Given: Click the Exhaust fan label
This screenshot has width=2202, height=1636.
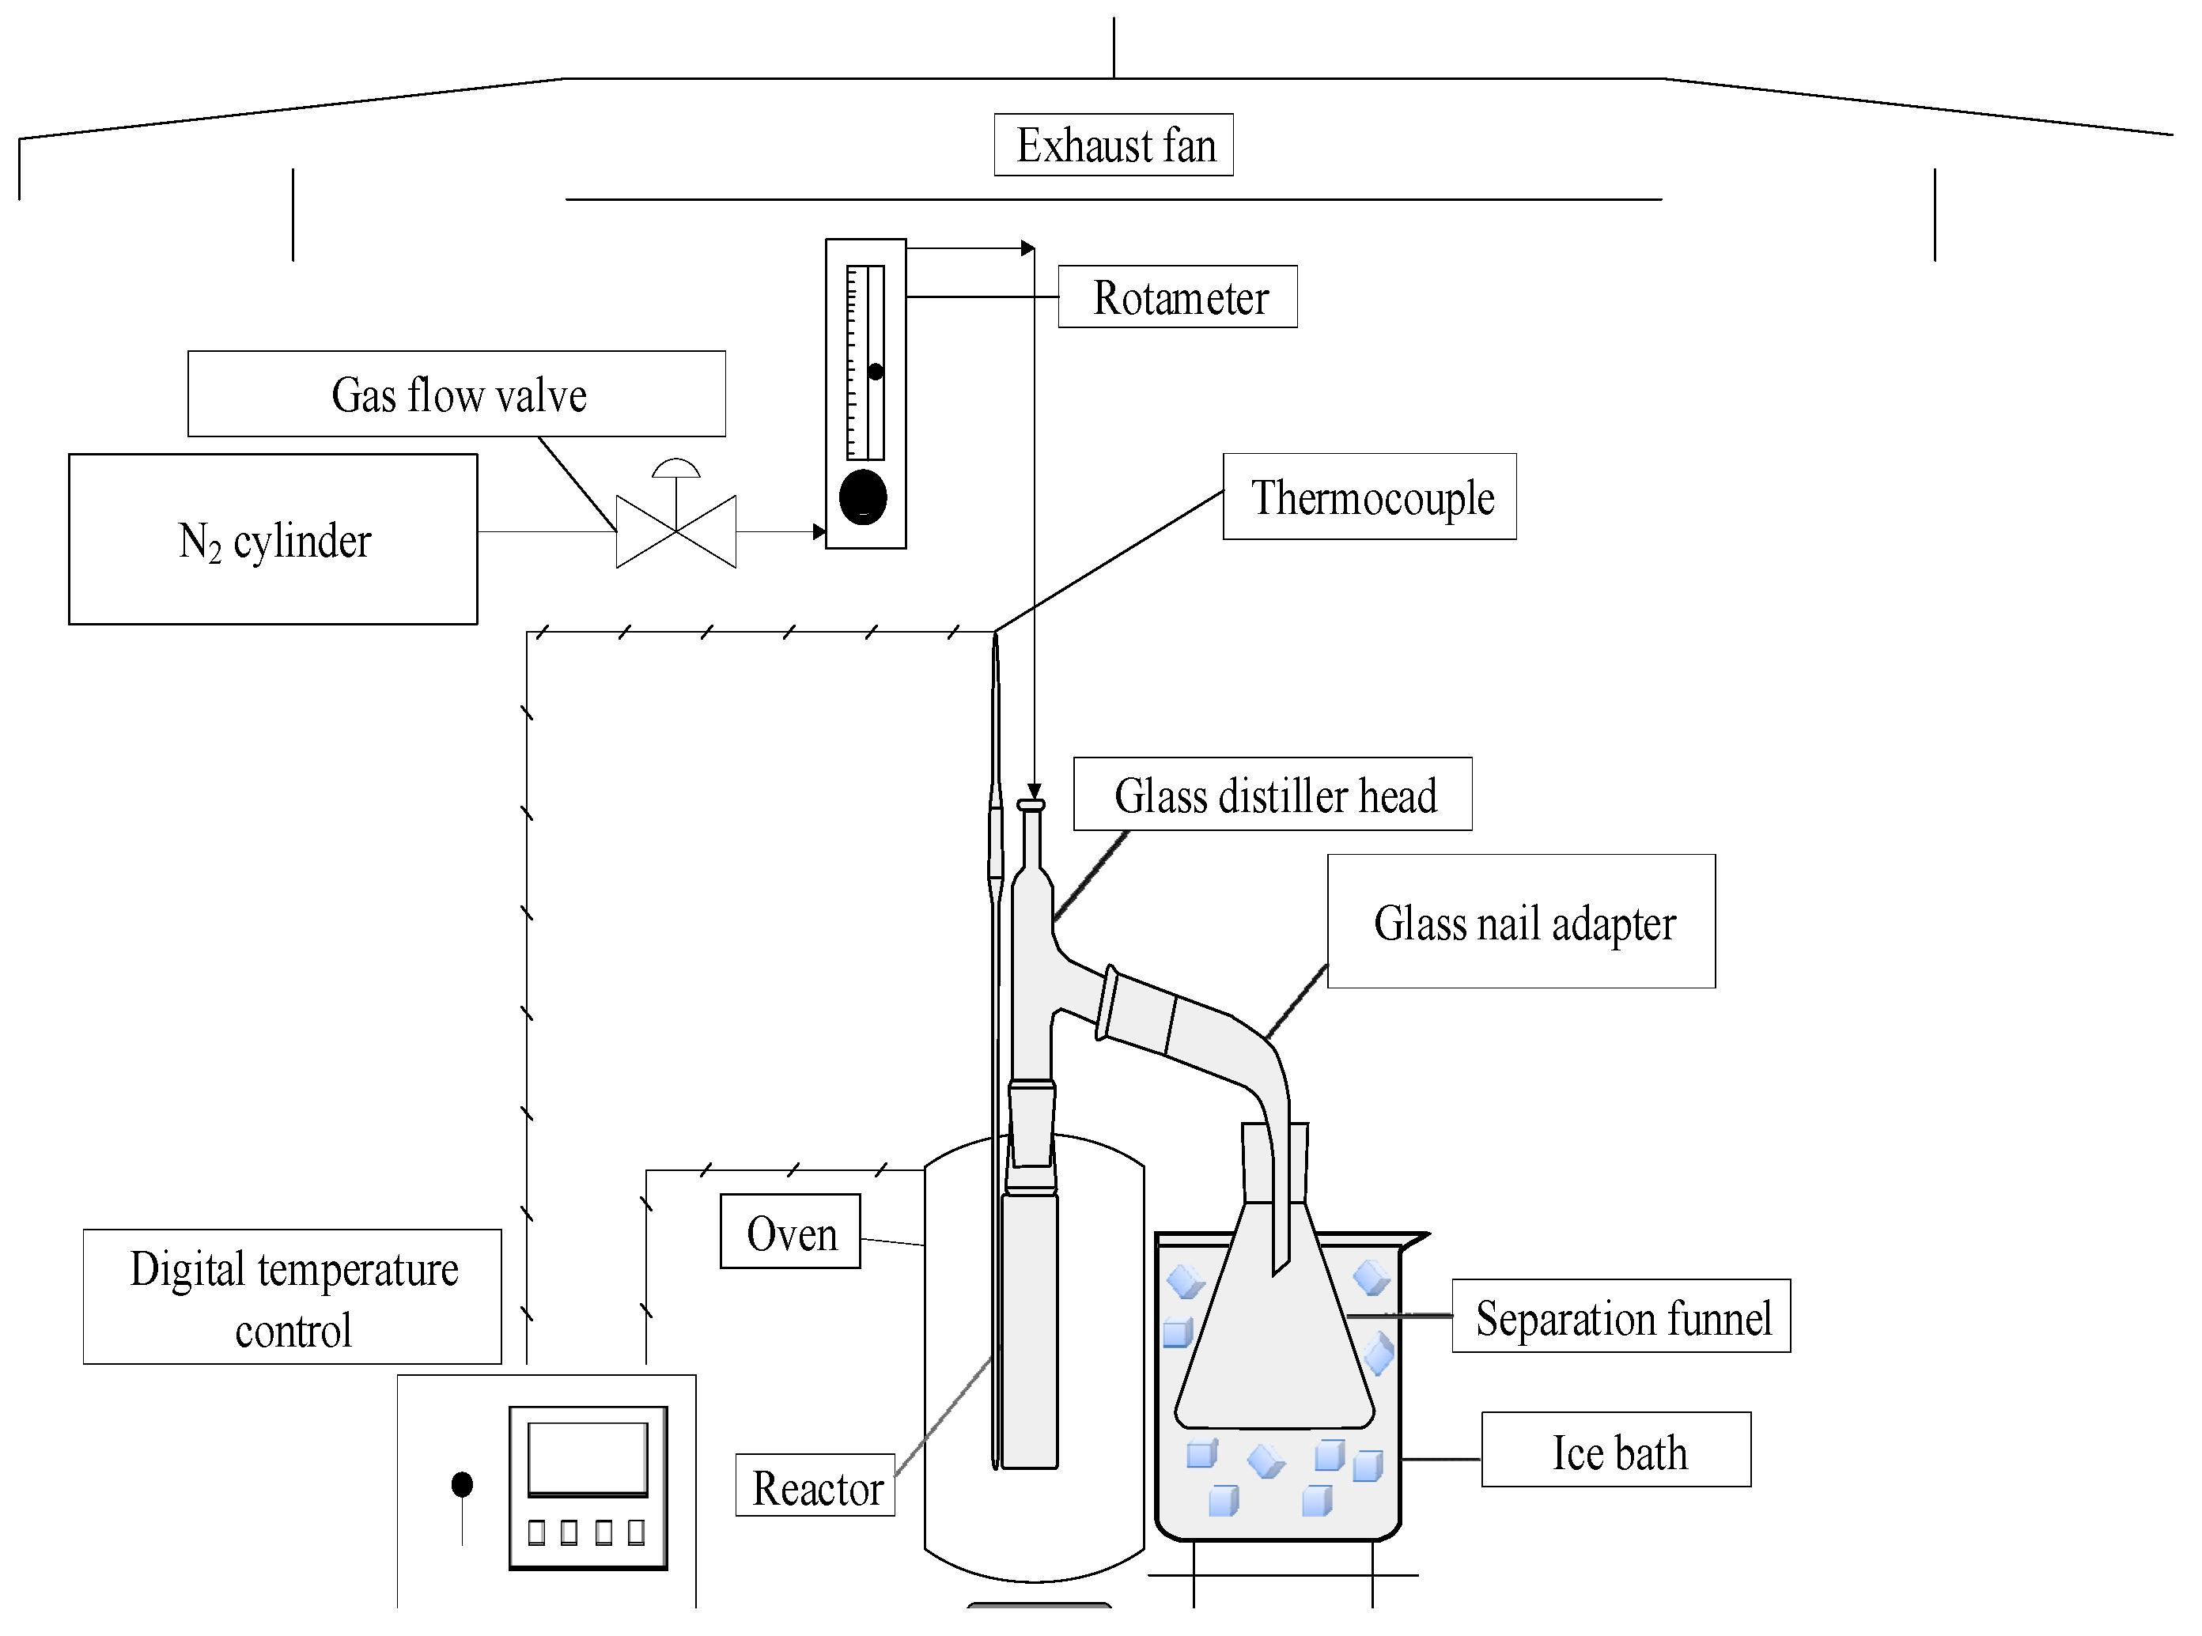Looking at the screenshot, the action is click(x=1114, y=145).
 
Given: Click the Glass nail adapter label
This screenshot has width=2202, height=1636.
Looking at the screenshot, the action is click(x=1522, y=921).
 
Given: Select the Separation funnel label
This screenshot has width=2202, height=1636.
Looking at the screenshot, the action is click(x=1621, y=1316).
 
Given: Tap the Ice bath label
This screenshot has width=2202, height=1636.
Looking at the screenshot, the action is click(x=1617, y=1450).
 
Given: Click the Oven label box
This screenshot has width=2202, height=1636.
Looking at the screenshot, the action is click(x=790, y=1231).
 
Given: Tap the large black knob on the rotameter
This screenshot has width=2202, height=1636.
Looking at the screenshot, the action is click(x=863, y=497).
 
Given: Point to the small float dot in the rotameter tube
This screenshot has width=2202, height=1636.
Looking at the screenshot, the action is click(x=876, y=372).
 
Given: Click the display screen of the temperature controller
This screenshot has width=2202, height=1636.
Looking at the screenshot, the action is click(x=588, y=1458).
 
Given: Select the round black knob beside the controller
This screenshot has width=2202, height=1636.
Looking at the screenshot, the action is click(x=462, y=1484).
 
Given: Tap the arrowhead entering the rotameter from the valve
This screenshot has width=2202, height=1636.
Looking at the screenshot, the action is click(x=819, y=532).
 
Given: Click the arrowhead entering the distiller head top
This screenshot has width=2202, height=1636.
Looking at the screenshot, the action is click(x=1034, y=792).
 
